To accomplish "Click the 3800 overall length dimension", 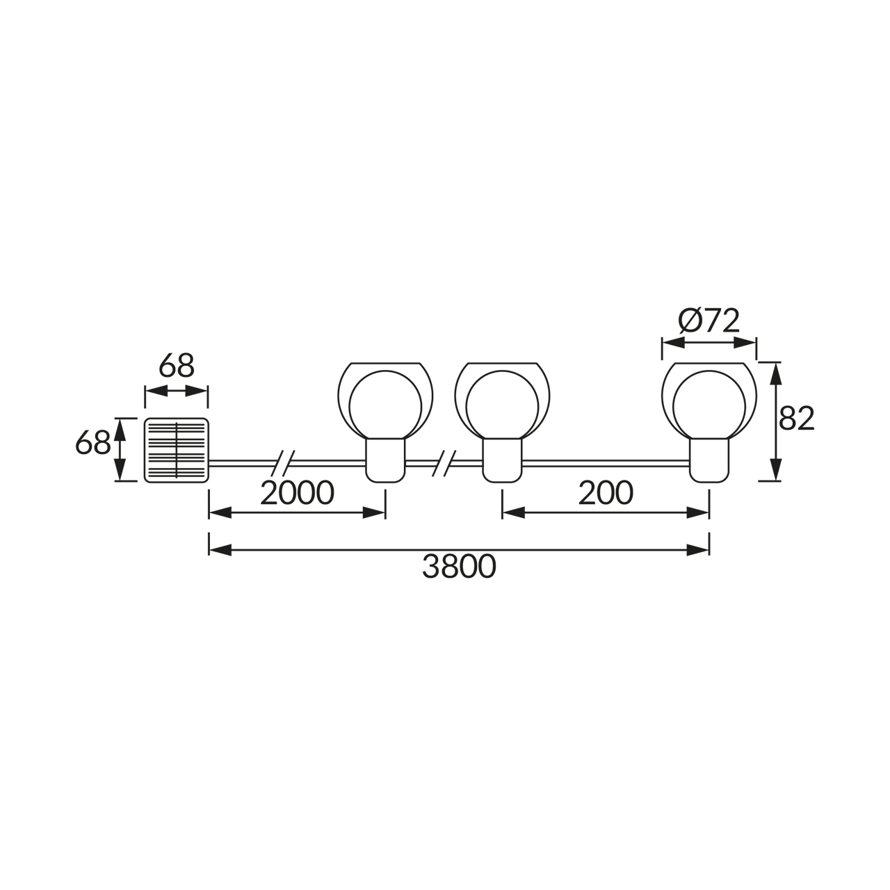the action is [459, 567].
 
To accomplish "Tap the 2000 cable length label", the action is [297, 493].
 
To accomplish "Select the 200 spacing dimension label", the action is [606, 493].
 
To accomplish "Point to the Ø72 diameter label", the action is [709, 321].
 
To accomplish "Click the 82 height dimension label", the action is [797, 419].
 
